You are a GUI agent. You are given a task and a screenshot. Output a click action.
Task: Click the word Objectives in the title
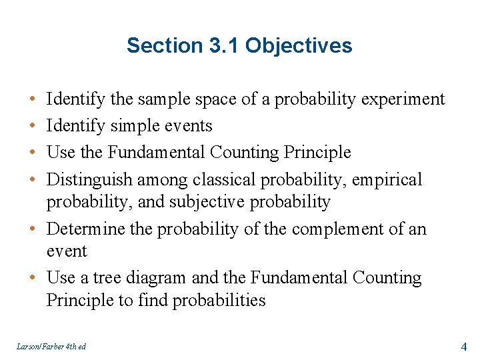(299, 46)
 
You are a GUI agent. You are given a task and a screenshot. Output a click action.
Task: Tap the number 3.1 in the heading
(223, 46)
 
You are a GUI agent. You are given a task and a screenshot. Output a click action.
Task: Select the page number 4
(464, 347)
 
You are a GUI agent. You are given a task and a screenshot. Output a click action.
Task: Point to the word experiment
(403, 100)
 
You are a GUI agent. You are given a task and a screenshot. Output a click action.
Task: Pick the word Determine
(86, 229)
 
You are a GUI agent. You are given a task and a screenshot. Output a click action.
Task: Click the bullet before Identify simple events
(33, 126)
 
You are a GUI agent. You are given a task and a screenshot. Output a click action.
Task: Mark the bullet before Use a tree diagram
(33, 278)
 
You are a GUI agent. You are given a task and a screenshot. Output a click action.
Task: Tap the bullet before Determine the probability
(33, 229)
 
